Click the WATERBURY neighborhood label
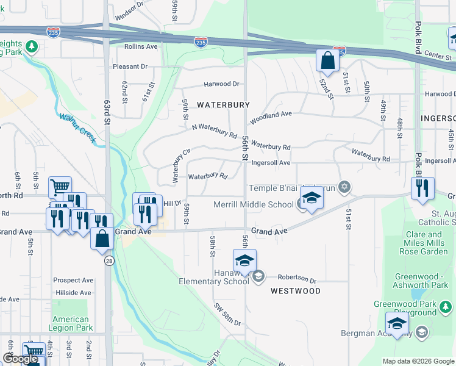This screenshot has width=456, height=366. [223, 105]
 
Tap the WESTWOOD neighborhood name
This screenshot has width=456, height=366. [296, 291]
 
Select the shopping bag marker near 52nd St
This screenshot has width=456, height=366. [327, 61]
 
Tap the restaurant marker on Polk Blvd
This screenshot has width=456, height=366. [422, 189]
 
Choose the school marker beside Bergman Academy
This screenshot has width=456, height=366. [397, 325]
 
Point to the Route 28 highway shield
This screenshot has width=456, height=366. [109, 261]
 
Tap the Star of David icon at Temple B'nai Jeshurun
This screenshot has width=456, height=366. [344, 187]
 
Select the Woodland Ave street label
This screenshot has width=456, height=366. [271, 114]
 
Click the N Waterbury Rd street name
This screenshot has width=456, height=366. [214, 130]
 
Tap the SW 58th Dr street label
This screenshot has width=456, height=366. [227, 314]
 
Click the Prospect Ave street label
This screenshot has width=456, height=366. [73, 281]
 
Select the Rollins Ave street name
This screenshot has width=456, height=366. [141, 46]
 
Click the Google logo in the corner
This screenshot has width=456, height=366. [20, 359]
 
